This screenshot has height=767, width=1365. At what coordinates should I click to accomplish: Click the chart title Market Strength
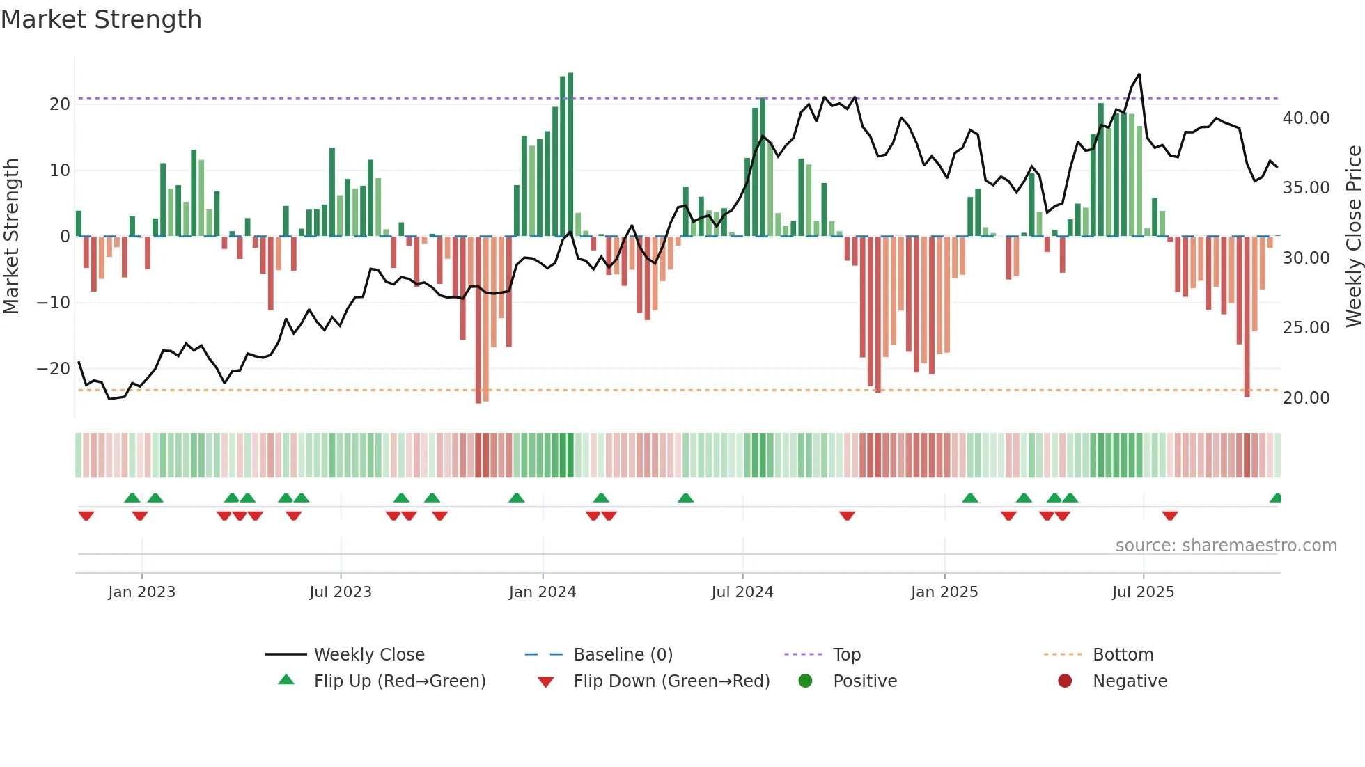click(101, 19)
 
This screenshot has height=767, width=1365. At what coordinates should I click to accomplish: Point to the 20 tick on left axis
click(60, 104)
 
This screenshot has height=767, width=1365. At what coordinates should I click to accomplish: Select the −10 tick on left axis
click(54, 303)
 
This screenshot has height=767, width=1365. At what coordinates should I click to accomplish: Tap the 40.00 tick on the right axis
click(1306, 118)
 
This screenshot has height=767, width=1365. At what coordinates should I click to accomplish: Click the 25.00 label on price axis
click(1306, 328)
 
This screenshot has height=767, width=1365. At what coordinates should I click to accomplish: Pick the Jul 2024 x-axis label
click(742, 592)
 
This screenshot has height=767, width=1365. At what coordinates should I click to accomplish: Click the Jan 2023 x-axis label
click(141, 592)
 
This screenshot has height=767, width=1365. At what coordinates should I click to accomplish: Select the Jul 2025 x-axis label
click(1143, 592)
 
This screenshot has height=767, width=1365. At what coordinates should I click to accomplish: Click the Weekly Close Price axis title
click(1353, 237)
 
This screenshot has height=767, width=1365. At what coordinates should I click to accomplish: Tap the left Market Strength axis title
click(11, 237)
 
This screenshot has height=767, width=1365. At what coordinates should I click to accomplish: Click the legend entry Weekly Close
click(368, 655)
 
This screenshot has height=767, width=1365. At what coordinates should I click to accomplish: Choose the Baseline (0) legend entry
click(623, 655)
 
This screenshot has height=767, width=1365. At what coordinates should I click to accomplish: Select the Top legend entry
click(846, 655)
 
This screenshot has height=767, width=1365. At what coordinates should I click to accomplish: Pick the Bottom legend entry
click(1123, 655)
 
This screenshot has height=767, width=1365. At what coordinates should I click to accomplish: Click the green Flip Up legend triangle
click(286, 680)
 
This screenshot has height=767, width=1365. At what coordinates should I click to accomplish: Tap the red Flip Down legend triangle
click(546, 682)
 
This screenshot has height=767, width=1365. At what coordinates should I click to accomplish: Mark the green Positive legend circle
click(805, 681)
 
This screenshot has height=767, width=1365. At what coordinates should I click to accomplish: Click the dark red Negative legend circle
click(1065, 681)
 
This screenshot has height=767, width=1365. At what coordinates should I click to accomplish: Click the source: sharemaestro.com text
click(1226, 546)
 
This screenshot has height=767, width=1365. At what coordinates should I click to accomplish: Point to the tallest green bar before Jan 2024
click(570, 153)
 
